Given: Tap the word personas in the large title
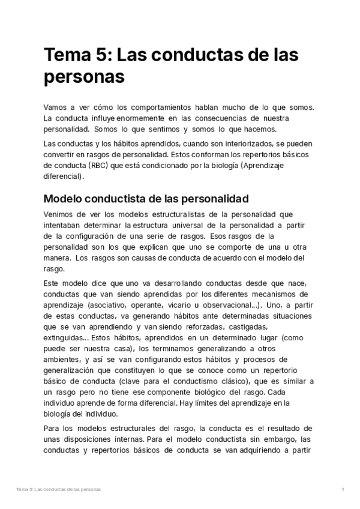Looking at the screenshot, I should coord(84,78).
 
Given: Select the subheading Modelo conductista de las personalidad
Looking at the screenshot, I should coord(146,199).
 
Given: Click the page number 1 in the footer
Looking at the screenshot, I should coord(342,490).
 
